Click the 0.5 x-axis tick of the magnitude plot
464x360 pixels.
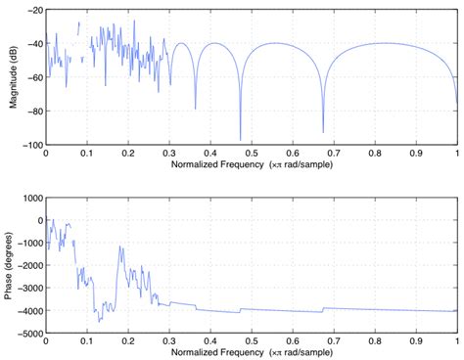pyautogui.click(x=252, y=154)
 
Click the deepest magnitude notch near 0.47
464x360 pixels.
pyautogui.click(x=240, y=139)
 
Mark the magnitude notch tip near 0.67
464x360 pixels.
pyautogui.click(x=323, y=131)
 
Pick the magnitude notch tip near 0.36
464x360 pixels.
pyautogui.click(x=195, y=108)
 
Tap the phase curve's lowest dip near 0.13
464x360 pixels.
pyautogui.click(x=100, y=322)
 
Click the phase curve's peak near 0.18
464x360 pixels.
pyautogui.click(x=119, y=247)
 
